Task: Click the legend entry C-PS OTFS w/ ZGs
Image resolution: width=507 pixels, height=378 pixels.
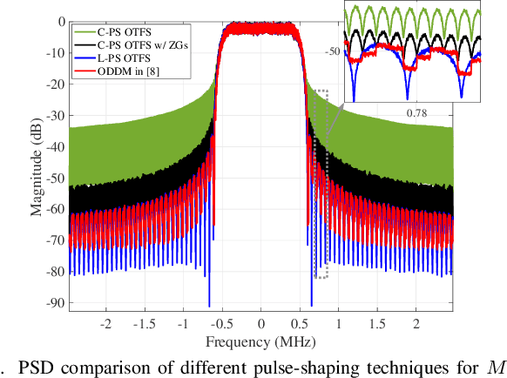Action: pos(130,42)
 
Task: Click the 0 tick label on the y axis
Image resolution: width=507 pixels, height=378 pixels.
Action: pos(60,21)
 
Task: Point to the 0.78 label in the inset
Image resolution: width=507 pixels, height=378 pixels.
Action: pos(417,112)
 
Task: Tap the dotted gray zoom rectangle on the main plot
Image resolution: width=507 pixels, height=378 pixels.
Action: pos(321,183)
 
